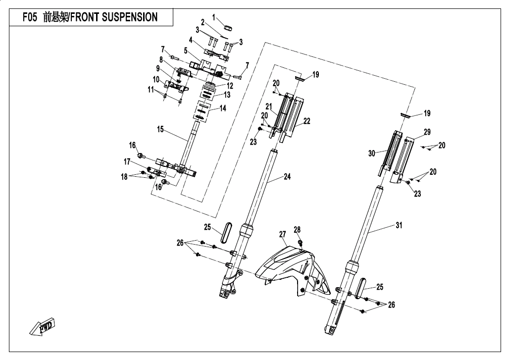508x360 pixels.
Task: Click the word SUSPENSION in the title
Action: [130, 18]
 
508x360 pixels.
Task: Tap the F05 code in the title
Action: [31, 18]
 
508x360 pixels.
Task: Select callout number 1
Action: [214, 17]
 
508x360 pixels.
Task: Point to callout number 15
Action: [160, 129]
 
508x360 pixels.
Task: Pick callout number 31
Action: [399, 225]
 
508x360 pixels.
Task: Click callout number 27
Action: [282, 234]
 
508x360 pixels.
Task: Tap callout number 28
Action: [297, 230]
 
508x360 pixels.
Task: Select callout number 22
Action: [307, 121]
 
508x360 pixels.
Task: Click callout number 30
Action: [372, 154]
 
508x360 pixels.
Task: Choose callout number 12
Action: [230, 86]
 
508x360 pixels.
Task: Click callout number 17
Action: [127, 161]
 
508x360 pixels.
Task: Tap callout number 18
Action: [125, 176]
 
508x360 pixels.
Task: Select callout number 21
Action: [269, 106]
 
